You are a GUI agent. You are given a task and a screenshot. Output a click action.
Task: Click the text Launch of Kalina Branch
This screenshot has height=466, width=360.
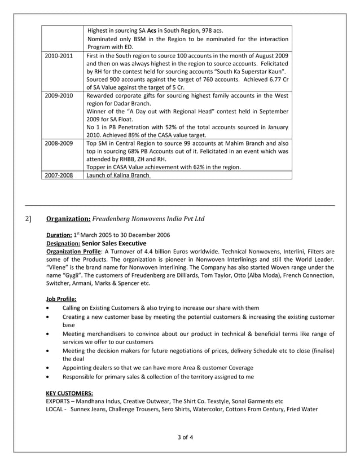118,175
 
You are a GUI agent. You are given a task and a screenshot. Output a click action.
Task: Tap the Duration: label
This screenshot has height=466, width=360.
59,234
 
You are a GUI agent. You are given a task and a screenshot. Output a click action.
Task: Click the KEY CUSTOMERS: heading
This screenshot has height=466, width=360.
69,393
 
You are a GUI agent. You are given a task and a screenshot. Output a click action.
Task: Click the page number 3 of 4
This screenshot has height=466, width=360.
180,437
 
